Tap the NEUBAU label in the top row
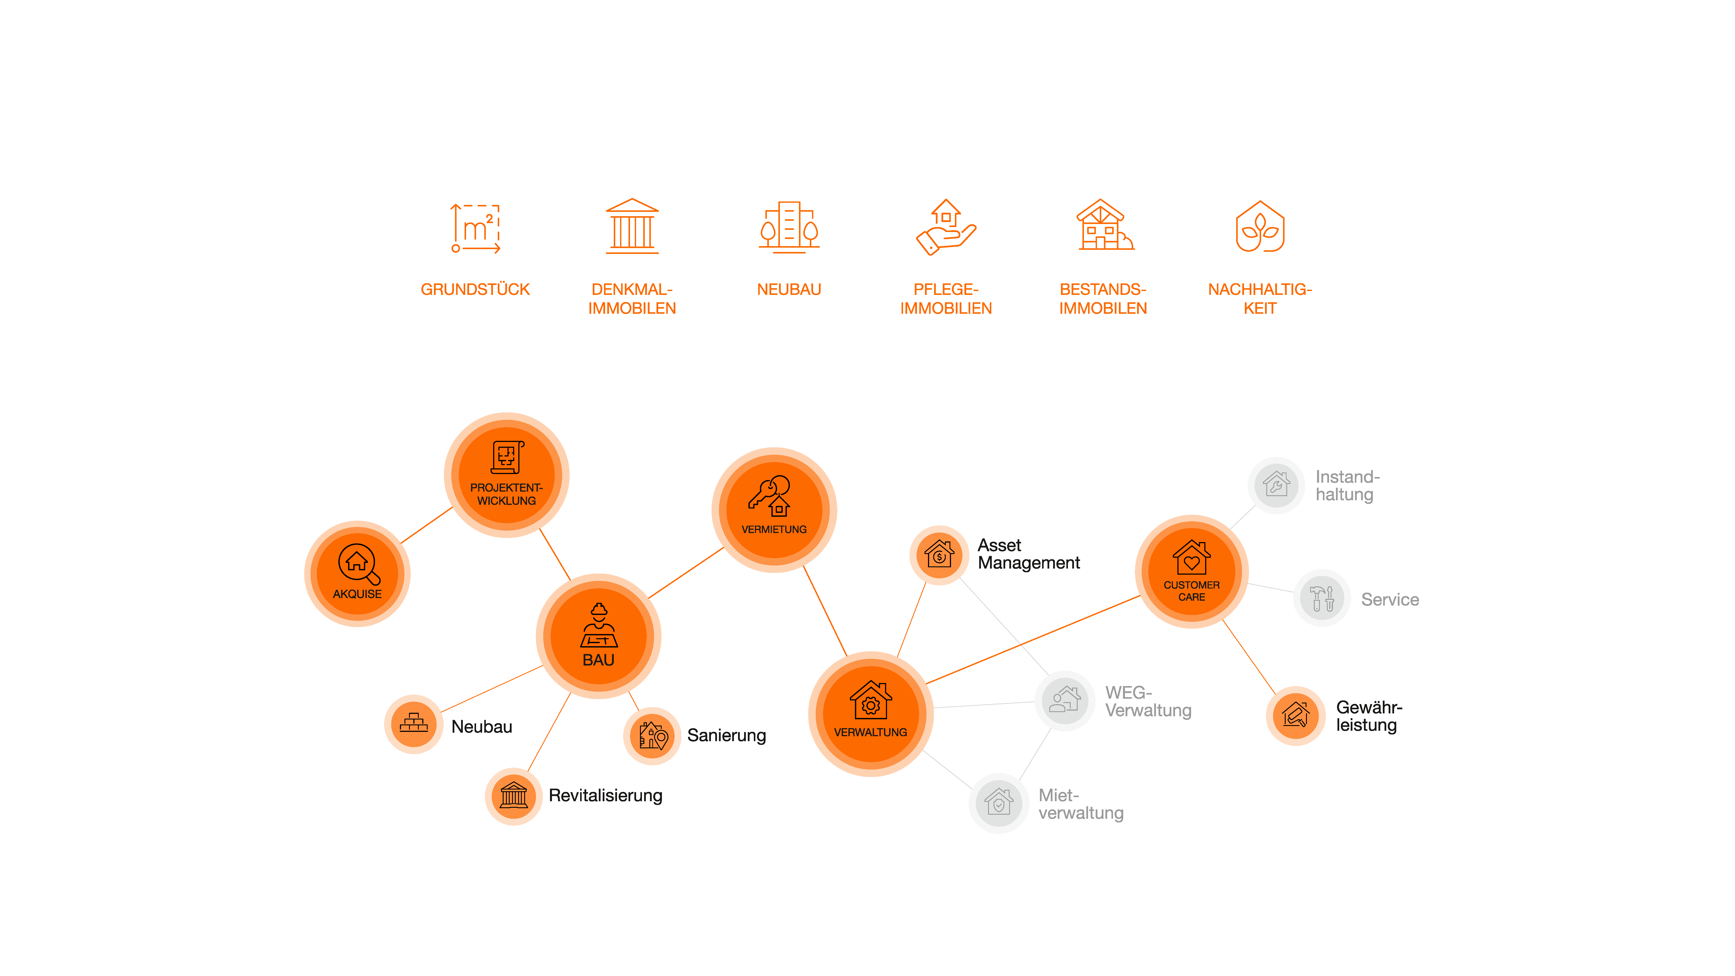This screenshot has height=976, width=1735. coord(789,290)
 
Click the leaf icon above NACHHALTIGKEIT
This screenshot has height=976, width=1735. coord(1259,227)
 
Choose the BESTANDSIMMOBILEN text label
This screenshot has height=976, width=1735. coord(1103,298)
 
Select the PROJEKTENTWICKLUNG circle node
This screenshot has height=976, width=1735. coord(506,475)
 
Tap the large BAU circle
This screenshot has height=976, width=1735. coord(598,636)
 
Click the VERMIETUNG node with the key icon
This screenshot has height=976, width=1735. coord(774,510)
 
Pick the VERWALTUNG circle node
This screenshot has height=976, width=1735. coord(870,714)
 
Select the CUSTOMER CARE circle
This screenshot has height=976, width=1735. coord(1192,571)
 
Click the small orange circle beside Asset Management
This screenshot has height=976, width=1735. coord(939,555)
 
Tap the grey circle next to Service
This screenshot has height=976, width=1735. coord(1321,598)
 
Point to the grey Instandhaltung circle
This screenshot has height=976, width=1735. coord(1276,485)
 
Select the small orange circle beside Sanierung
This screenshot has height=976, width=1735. coord(652,736)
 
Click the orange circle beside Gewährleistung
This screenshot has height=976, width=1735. coord(1295,715)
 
